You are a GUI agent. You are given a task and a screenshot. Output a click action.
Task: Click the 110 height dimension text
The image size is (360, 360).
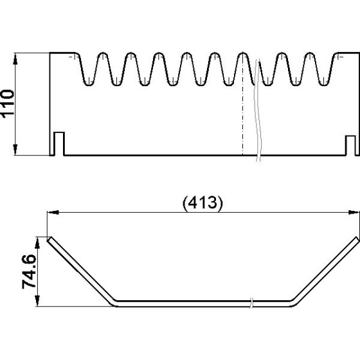(x=8, y=104)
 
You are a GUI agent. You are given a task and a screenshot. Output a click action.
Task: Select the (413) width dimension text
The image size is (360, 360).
(x=203, y=203)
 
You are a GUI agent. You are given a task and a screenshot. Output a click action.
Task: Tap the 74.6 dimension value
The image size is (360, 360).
(x=29, y=271)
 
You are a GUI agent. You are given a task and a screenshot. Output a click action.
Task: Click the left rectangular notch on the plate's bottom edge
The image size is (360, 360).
(x=59, y=143)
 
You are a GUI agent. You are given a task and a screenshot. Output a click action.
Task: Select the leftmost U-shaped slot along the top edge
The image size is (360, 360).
(x=89, y=69)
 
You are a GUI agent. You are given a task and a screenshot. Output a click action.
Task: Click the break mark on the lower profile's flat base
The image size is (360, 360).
(x=251, y=303)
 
